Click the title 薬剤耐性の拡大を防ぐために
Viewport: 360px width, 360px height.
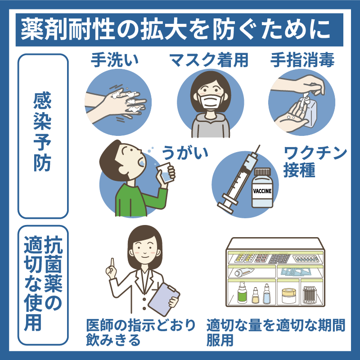[x=175, y=30]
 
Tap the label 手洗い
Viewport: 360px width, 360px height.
[x=115, y=60]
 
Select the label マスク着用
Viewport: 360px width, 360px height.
[x=209, y=60]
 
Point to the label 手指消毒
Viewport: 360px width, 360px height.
[x=302, y=60]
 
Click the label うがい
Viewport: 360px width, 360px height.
[x=185, y=153]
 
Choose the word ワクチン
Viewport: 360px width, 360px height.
[x=315, y=153]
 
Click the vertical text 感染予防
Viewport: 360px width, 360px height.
[x=42, y=131]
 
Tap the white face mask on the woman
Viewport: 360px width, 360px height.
[x=211, y=101]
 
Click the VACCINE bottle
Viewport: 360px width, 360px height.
[x=262, y=188]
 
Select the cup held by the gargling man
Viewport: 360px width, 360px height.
[x=165, y=173]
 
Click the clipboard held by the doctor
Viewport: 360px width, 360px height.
[x=164, y=299]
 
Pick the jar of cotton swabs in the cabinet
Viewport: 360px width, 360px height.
[x=310, y=295]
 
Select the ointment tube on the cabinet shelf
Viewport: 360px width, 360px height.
[x=244, y=272]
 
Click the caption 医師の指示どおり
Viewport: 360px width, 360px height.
[x=141, y=325]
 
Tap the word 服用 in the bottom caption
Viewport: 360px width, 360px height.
[x=220, y=340]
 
